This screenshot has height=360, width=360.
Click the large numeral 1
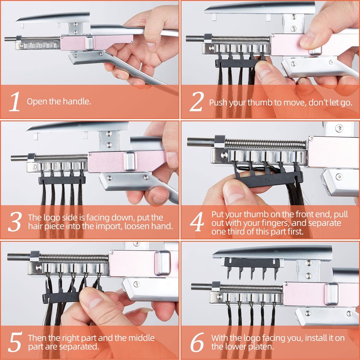pos(15,102)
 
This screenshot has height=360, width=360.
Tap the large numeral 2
pos(197,102)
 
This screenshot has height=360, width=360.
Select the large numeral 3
pos(15,221)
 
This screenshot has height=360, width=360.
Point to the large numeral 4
pos(197,221)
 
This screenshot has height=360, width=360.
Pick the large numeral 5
pos(15,342)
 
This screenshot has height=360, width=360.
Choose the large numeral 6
pos(197,342)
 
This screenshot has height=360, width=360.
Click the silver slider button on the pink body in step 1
pos(89,43)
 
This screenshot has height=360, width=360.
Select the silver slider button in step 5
pos(162,263)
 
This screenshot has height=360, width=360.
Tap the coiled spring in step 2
pos(241,39)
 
